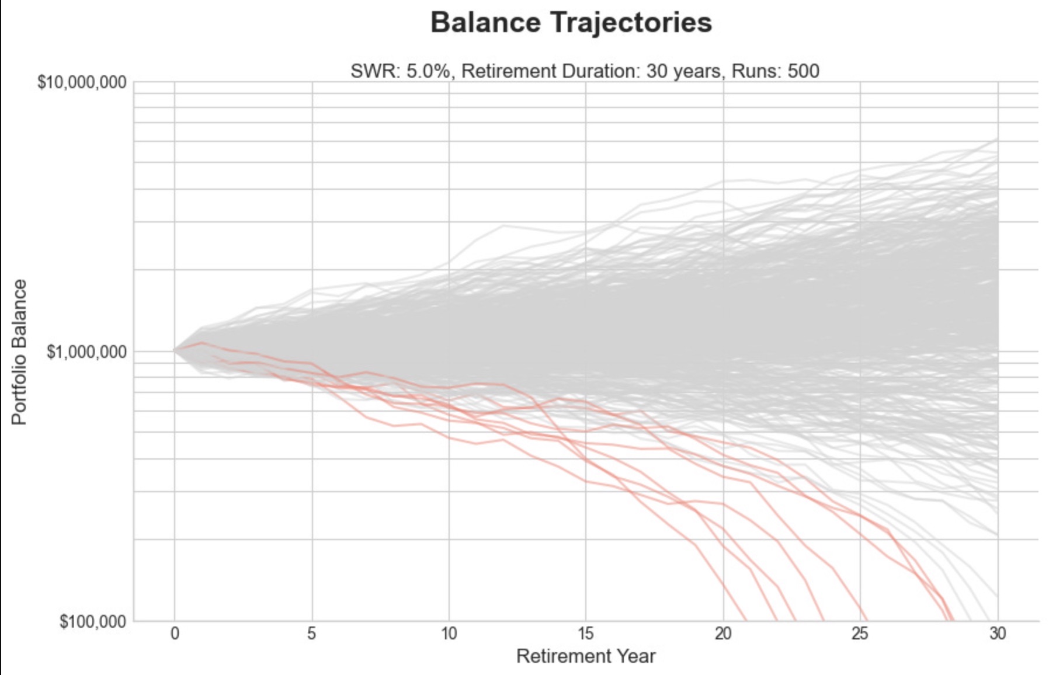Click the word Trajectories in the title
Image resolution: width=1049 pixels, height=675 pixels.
click(632, 23)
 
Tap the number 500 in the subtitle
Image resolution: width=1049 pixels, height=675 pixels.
click(803, 71)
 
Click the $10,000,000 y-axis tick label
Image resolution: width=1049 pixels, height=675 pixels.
click(82, 82)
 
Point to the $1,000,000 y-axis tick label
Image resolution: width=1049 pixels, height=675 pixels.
click(86, 352)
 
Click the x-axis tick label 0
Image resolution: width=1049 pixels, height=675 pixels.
click(174, 634)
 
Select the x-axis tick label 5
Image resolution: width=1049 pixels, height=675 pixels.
click(312, 634)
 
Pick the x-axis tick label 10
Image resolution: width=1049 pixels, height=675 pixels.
click(449, 634)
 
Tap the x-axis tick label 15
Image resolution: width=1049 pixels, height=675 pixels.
click(586, 634)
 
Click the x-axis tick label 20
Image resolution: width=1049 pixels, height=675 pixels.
click(723, 634)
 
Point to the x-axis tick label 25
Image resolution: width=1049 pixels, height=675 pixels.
click(860, 634)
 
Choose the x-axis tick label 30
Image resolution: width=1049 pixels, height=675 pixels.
click(998, 634)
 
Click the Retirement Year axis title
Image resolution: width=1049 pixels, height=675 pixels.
click(586, 656)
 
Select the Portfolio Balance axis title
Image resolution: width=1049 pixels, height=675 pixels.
click(19, 352)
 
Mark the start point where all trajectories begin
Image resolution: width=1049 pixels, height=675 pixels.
click(174, 350)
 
